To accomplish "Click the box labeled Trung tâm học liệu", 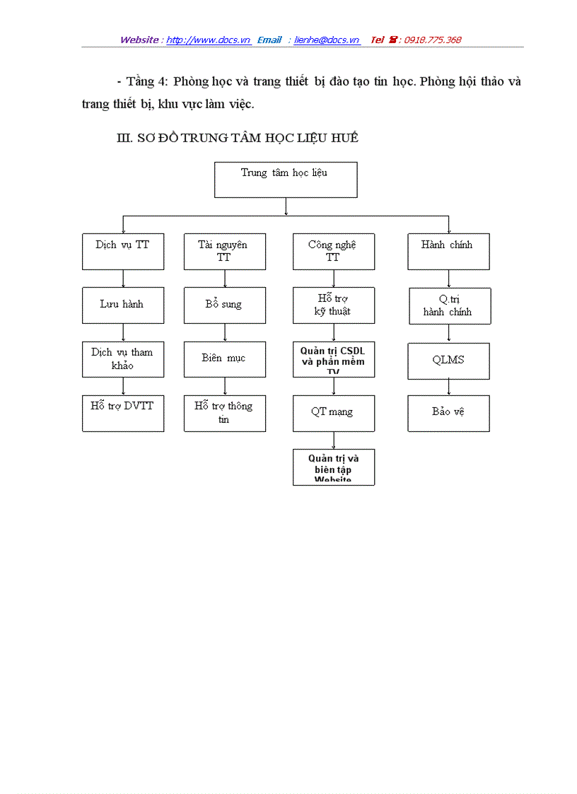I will (286, 180).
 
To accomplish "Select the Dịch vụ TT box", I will (123, 252).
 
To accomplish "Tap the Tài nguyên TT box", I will (225, 252).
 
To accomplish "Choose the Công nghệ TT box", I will (334, 252).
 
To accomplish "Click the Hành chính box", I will (448, 252).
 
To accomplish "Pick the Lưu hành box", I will (123, 305).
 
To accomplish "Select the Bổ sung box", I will (225, 305).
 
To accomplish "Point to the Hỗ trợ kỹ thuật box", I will (334, 305).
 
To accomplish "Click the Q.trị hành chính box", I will (448, 305).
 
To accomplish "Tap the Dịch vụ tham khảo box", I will (123, 359).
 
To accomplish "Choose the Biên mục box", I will (225, 359).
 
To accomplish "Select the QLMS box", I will (448, 361).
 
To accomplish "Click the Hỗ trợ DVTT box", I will (123, 413).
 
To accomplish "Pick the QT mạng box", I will (334, 413).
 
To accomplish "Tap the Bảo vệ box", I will (448, 413).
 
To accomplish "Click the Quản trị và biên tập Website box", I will (334, 467).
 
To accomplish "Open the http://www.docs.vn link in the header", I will (209, 40).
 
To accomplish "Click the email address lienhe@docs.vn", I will (327, 40).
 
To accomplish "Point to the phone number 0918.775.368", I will (432, 40).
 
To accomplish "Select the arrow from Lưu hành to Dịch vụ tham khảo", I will (124, 332).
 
